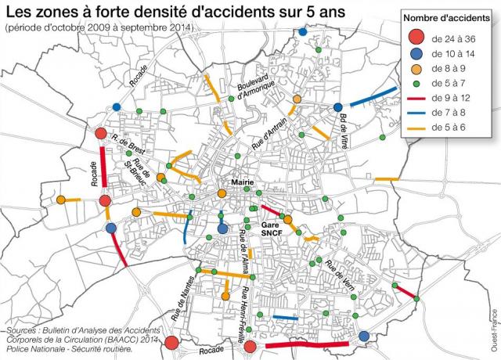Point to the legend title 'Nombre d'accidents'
(x=447, y=18)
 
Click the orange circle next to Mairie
(x=222, y=193)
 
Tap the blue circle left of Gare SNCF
(x=223, y=229)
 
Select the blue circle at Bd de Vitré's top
(x=338, y=107)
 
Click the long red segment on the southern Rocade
(x=307, y=344)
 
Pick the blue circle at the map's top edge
(x=303, y=32)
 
